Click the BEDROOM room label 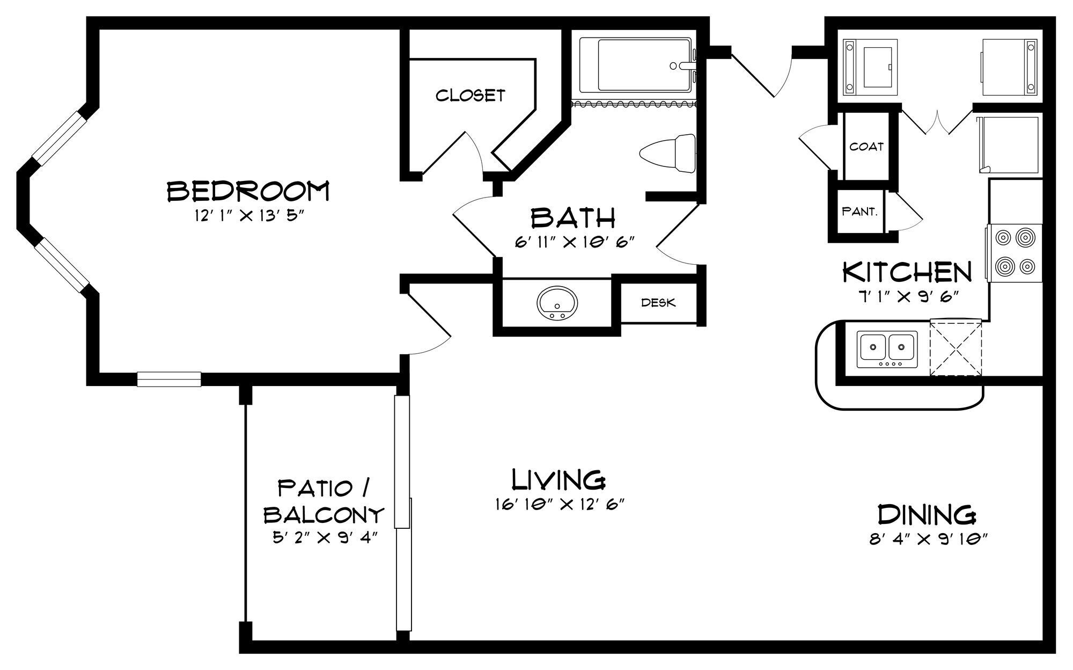click(x=248, y=191)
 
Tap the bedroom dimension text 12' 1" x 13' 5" click(x=249, y=216)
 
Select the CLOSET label click(x=470, y=96)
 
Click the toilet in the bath click(x=668, y=154)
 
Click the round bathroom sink click(x=558, y=303)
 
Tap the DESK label click(x=658, y=303)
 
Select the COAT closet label click(x=866, y=147)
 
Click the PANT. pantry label click(x=859, y=212)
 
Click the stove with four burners click(x=1014, y=253)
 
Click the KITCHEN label click(x=907, y=273)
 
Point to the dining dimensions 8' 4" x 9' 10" click(x=928, y=540)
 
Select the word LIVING click(x=558, y=480)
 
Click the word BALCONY click(x=324, y=515)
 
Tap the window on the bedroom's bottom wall click(x=169, y=379)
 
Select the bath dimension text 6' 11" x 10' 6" click(x=575, y=242)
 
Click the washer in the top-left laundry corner click(x=870, y=67)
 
